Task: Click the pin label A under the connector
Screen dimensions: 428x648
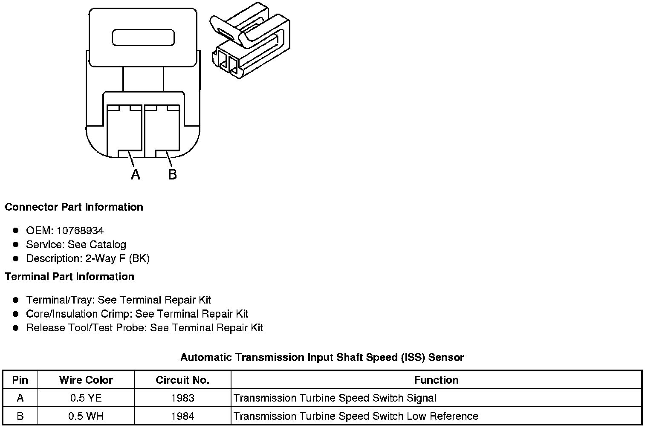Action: (135, 174)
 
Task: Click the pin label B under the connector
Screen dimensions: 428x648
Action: (172, 174)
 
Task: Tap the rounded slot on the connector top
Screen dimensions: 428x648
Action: (143, 38)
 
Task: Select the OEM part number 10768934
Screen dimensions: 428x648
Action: (80, 231)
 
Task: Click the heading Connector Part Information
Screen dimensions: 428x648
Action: (74, 207)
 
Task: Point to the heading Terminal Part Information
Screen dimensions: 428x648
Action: (69, 277)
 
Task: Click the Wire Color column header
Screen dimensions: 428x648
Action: (86, 380)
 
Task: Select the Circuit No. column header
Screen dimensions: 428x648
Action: (182, 380)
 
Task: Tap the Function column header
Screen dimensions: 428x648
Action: (436, 380)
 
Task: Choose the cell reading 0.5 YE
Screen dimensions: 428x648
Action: (86, 398)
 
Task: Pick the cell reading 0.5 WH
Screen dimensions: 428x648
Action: (86, 416)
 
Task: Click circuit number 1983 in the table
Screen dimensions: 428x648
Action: (182, 398)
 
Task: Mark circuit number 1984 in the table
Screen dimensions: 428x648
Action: (182, 416)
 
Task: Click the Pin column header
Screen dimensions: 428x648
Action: (20, 380)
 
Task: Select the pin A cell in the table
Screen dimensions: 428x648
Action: (20, 398)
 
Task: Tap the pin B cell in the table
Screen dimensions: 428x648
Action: (20, 416)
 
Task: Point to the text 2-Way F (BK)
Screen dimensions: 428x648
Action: (117, 259)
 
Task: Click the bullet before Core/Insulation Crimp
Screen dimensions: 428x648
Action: (16, 314)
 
